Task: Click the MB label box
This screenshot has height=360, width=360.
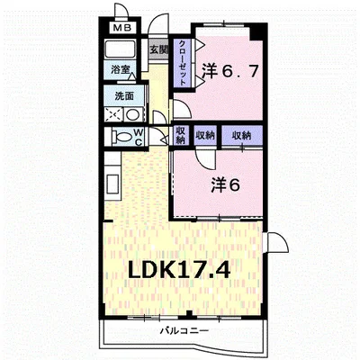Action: [x=122, y=28]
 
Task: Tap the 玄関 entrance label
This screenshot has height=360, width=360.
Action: [x=158, y=49]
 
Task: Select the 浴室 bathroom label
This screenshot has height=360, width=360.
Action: [x=121, y=70]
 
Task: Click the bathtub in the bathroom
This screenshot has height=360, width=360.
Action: [x=120, y=49]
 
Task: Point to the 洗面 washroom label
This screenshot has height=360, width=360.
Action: [x=124, y=96]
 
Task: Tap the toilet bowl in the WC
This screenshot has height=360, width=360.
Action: [x=121, y=137]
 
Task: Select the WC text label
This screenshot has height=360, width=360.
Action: [x=139, y=137]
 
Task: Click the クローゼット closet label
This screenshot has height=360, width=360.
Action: [x=182, y=63]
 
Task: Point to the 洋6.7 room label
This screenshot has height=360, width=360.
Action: [x=229, y=71]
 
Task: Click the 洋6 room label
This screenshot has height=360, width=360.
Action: [x=226, y=184]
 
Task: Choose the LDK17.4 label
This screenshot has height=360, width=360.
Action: [x=179, y=270]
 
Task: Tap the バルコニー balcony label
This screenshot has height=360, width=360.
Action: [x=184, y=331]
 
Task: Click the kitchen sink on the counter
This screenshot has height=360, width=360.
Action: [x=112, y=184]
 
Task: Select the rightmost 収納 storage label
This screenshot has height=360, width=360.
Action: [x=242, y=136]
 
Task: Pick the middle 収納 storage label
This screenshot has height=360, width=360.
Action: [x=205, y=136]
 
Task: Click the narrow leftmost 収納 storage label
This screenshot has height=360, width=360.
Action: [x=181, y=136]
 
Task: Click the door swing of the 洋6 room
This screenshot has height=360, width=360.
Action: [x=205, y=159]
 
